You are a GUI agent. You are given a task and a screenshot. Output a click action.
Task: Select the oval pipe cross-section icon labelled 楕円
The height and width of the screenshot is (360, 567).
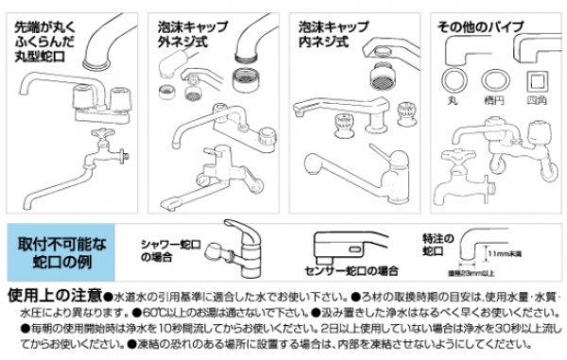point(492,77)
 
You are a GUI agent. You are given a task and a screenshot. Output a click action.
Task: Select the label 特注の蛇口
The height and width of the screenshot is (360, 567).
point(434,247)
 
